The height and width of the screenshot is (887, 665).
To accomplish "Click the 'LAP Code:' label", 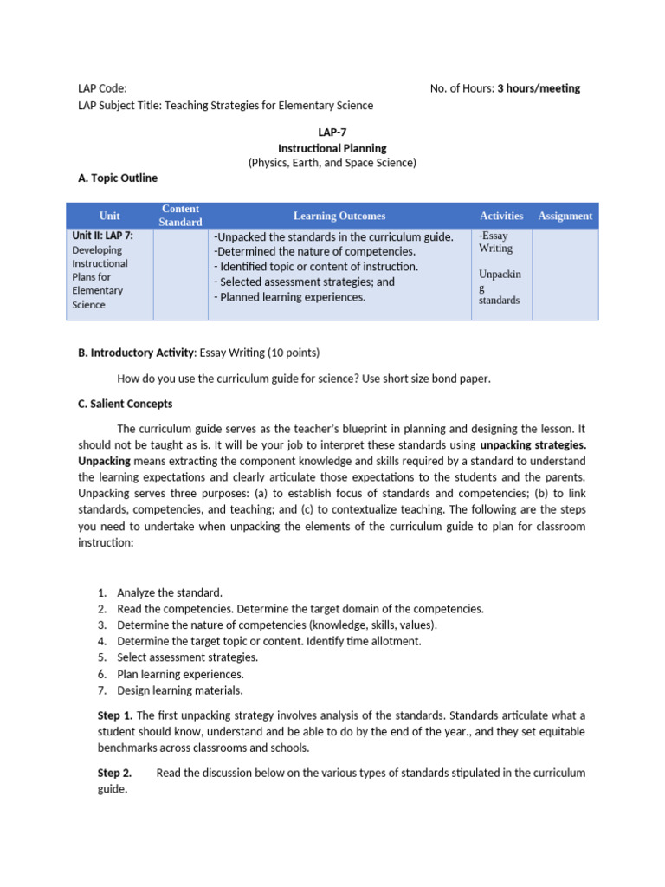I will click(x=102, y=88).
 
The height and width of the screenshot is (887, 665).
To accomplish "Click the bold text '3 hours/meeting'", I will click(x=539, y=88).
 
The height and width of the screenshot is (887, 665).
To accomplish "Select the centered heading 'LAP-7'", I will click(x=332, y=133).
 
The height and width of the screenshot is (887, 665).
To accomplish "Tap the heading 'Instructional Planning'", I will click(x=332, y=148).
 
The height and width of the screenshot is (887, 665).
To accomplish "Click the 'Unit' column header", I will click(x=110, y=216).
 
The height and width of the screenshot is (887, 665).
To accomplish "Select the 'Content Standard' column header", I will click(x=180, y=216).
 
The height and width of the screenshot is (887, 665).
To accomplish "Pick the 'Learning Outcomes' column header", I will click(x=339, y=216).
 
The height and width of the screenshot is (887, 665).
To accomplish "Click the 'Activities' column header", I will click(x=501, y=216).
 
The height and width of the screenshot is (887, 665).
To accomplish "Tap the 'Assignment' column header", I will click(x=565, y=216).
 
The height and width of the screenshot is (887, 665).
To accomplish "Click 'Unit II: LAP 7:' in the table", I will click(x=102, y=236).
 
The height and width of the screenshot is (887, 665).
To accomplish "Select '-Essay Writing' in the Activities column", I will click(x=495, y=242).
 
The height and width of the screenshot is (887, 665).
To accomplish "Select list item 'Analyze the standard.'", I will click(x=170, y=592).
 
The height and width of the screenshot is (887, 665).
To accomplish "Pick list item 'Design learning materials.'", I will click(x=180, y=690).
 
